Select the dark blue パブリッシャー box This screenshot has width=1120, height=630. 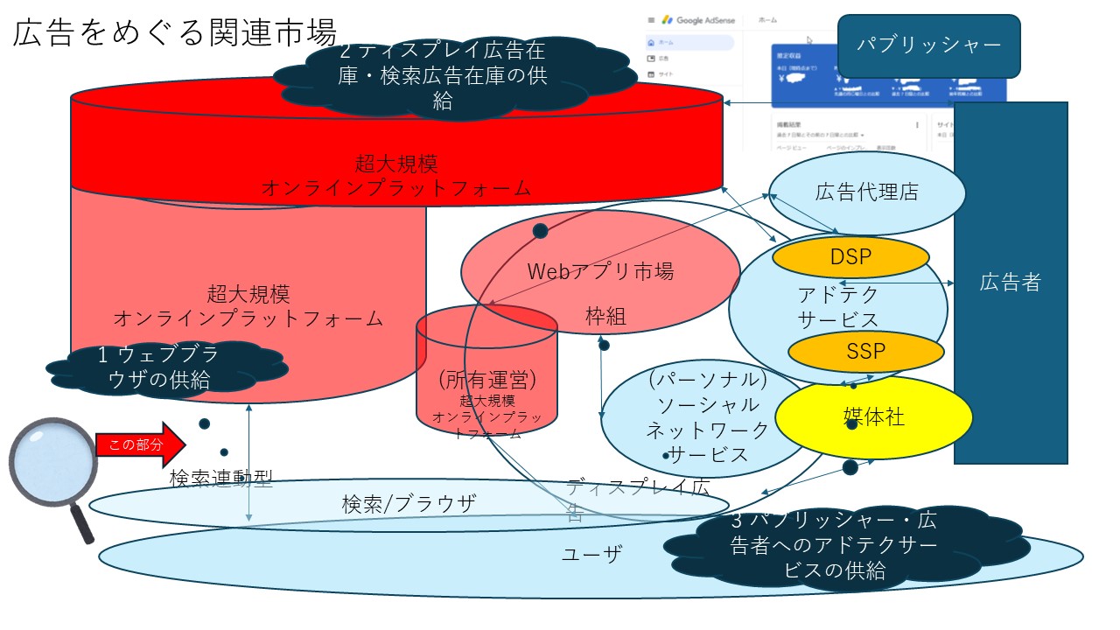click(x=928, y=45)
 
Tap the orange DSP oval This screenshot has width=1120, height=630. click(x=850, y=256)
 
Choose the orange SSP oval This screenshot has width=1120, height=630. click(x=866, y=352)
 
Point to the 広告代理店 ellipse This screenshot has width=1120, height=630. click(x=866, y=192)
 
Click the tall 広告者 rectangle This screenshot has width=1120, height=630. click(x=1011, y=282)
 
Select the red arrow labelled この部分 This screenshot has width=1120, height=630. click(x=140, y=444)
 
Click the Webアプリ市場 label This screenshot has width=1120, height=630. click(x=599, y=271)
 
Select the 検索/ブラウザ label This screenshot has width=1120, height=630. click(x=409, y=504)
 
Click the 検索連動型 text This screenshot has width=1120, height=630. click(x=221, y=479)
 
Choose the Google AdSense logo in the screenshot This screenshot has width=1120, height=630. click(x=700, y=19)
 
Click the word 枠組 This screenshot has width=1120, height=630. click(x=605, y=317)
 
